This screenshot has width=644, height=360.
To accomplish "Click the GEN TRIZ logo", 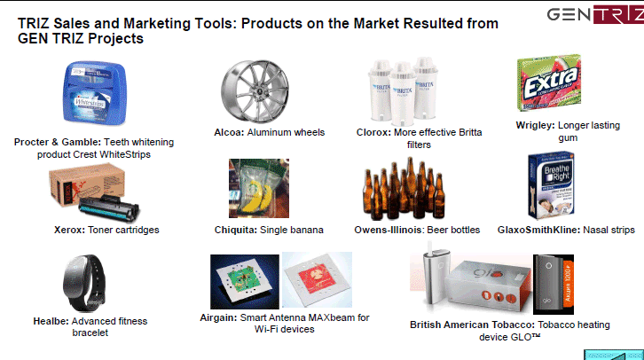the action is pyautogui.click(x=595, y=15).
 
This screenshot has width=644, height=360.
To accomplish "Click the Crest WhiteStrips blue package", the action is pyautogui.click(x=94, y=92).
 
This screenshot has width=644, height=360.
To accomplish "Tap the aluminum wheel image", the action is pyautogui.click(x=255, y=90).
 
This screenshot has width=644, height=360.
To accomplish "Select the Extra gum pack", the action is pyautogui.click(x=549, y=83).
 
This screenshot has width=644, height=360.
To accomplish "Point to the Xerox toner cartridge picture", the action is pyautogui.click(x=94, y=192).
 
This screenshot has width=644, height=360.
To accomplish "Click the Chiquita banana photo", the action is pyautogui.click(x=259, y=188).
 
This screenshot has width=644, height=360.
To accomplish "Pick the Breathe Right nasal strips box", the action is pyautogui.click(x=551, y=185).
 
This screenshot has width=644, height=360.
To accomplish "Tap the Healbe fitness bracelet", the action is pyautogui.click(x=84, y=283).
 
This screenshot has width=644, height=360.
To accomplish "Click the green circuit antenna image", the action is pyautogui.click(x=245, y=282).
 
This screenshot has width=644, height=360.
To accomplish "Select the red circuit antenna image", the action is pyautogui.click(x=317, y=279).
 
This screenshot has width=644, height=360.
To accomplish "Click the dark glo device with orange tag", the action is pyautogui.click(x=554, y=285).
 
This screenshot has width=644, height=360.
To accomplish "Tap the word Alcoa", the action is pyautogui.click(x=229, y=132).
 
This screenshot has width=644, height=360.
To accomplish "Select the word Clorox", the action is pyautogui.click(x=373, y=132).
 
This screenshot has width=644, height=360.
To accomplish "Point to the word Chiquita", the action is pyautogui.click(x=236, y=230).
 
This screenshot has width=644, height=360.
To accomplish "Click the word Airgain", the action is pyautogui.click(x=218, y=317).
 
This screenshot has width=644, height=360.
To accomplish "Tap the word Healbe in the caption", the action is pyautogui.click(x=51, y=321).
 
